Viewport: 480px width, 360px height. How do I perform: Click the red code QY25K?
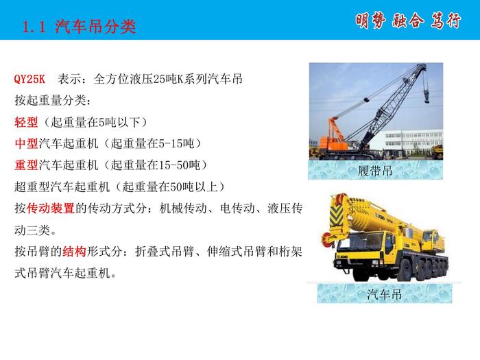tap(29, 79)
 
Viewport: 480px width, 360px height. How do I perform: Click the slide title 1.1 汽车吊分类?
tap(79, 26)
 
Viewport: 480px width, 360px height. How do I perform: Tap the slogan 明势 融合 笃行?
tap(408, 21)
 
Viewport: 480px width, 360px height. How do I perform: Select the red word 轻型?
tap(26, 122)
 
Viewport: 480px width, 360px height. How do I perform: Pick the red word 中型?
tap(26, 143)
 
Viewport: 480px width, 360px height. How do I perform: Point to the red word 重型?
tap(26, 165)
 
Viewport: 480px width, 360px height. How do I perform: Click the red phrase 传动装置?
tap(51, 208)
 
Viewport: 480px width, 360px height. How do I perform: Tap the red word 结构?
tap(74, 252)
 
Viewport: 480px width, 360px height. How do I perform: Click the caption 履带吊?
tap(375, 171)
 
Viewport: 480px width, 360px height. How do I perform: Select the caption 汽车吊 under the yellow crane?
tap(385, 294)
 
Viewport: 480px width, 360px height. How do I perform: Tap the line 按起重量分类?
tap(53, 100)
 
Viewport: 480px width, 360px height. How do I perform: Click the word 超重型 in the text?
tap(32, 187)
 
